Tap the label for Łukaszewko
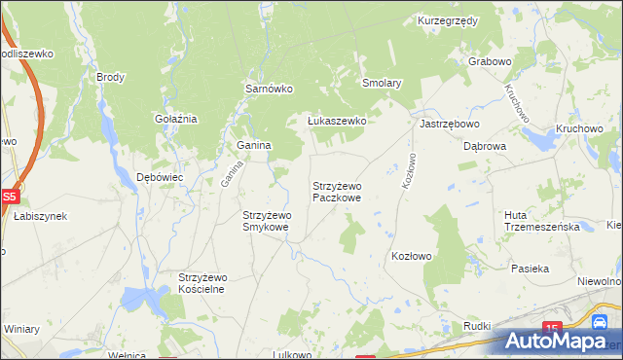tap(336, 121)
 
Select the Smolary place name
tap(382, 84)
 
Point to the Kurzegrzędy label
tap(448, 20)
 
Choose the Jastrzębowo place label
tap(449, 125)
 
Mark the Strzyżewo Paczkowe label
tap(337, 191)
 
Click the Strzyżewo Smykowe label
tap(266, 221)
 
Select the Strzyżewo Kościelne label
tap(202, 283)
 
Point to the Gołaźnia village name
tap(176, 119)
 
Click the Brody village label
tap(110, 76)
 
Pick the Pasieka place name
tap(531, 268)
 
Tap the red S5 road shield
tap(9, 196)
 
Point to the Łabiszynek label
tap(40, 216)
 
